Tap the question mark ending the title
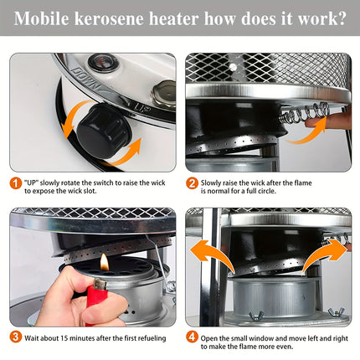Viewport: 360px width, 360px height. coord(338,18)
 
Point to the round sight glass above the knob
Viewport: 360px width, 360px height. coord(104,64)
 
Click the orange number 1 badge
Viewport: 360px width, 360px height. coord(16,183)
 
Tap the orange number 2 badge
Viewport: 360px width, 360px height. coord(192,183)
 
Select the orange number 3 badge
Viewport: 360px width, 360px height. coord(16,337)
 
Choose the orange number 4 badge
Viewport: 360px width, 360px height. coord(192,337)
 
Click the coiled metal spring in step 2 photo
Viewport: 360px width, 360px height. coord(301,114)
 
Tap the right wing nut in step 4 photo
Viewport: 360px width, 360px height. coord(336,312)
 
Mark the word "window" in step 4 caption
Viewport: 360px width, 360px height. coord(270,337)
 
